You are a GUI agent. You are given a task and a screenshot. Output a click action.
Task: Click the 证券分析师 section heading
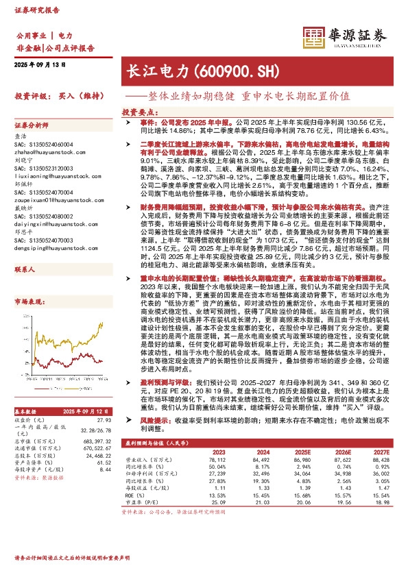tap(32, 126)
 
